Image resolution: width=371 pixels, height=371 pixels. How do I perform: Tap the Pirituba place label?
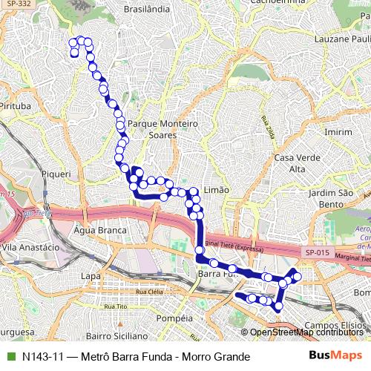(15, 106)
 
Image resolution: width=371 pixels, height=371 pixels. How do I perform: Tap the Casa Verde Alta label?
(290, 163)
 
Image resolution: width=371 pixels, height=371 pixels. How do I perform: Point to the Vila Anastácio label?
(30, 246)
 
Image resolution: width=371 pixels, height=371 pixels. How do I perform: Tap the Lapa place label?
(90, 276)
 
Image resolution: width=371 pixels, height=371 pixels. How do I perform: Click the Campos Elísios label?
(336, 325)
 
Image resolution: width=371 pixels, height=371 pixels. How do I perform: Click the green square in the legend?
(10, 357)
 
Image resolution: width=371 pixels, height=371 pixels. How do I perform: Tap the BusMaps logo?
(335, 356)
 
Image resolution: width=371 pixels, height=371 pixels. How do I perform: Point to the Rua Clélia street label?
(124, 292)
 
